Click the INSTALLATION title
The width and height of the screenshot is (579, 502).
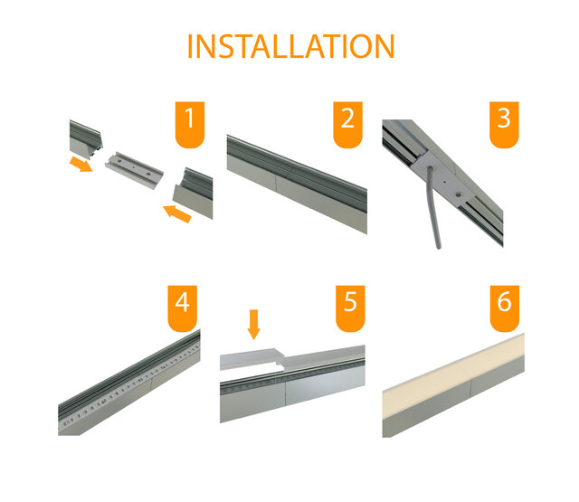point(290,46)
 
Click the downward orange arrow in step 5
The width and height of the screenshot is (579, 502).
point(253,323)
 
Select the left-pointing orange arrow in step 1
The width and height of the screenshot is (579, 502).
point(177,214)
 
